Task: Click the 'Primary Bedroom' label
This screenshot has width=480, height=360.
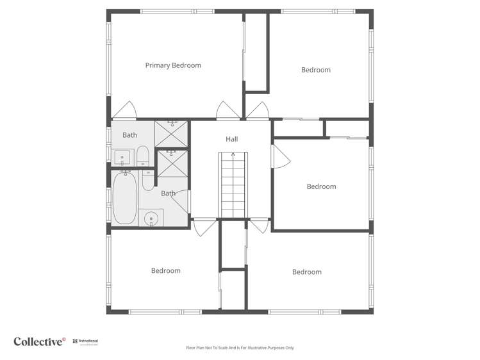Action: click(173, 65)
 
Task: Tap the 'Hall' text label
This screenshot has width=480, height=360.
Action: click(231, 139)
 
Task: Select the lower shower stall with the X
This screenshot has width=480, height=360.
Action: click(172, 164)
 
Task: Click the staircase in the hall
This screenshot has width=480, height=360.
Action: click(233, 186)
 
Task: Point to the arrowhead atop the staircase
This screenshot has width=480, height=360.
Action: click(233, 154)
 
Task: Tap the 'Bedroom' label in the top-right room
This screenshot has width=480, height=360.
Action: click(316, 70)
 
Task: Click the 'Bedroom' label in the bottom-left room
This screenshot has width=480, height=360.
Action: click(165, 271)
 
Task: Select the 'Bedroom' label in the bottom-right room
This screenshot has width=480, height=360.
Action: click(306, 272)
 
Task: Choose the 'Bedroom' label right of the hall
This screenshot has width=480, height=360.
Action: click(321, 186)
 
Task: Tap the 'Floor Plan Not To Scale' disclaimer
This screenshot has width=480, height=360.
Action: click(240, 348)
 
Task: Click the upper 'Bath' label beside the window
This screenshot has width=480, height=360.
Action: click(129, 135)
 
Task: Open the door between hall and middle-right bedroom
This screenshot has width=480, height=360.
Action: click(279, 156)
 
